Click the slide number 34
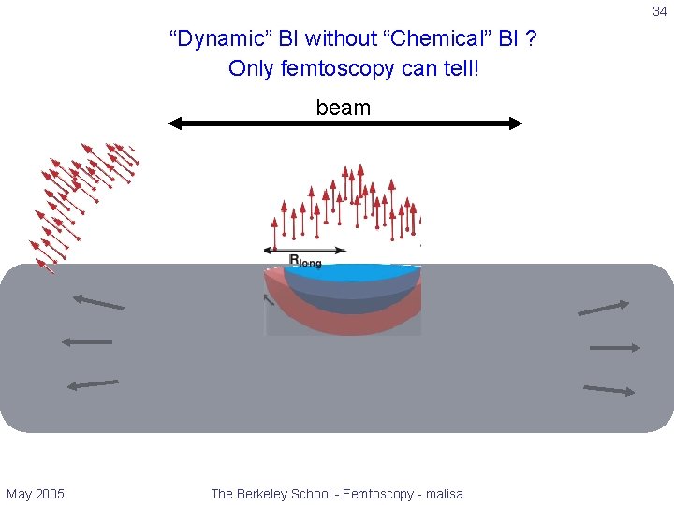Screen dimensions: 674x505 (659, 12)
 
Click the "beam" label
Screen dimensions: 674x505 (344, 108)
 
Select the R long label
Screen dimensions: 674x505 (304, 262)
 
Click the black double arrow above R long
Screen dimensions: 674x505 (305, 250)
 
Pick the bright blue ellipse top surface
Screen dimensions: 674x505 (356, 272)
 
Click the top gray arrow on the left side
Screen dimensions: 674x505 (98, 302)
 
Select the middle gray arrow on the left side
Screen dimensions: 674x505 (86, 342)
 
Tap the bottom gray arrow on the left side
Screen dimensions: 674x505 (94, 383)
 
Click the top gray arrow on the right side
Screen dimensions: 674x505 (604, 308)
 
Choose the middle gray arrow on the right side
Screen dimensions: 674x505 (615, 348)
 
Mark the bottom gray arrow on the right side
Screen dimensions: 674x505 (608, 389)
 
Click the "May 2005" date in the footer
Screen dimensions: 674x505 (36, 494)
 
